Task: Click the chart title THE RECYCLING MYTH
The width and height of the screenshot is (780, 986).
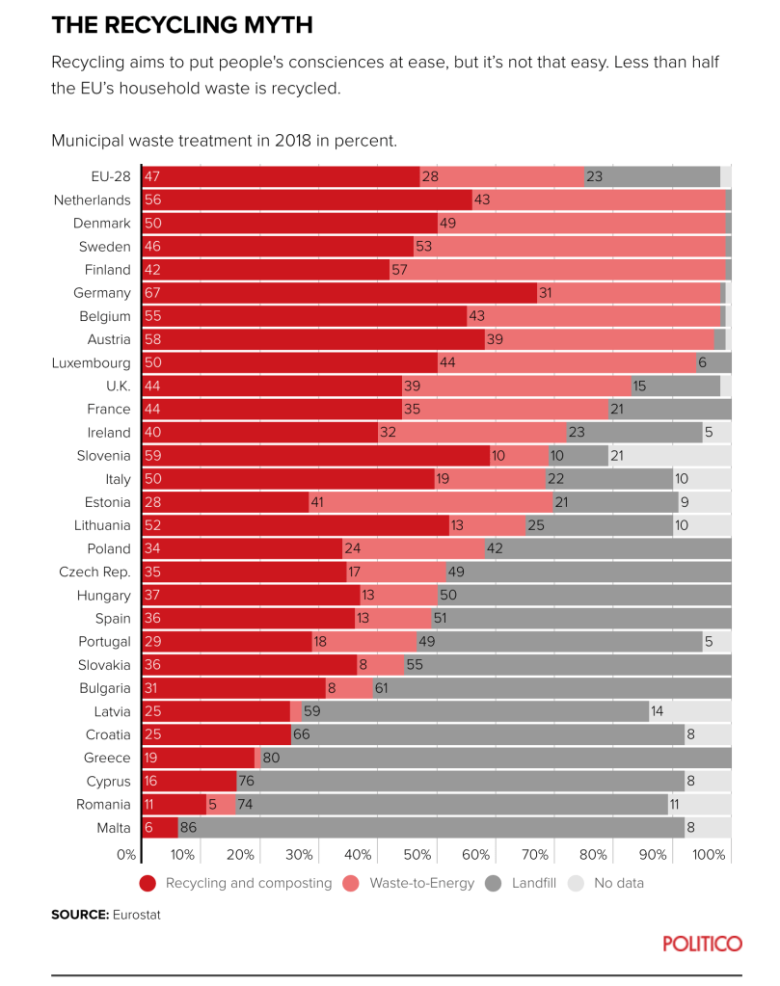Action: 181,24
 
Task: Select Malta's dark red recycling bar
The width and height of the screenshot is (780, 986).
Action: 160,827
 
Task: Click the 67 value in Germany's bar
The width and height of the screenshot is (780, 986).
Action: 151,293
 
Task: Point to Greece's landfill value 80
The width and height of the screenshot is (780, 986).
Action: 271,758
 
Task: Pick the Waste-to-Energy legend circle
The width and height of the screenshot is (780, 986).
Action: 352,883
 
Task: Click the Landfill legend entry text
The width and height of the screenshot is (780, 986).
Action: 533,883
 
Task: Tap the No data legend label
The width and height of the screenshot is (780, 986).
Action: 618,883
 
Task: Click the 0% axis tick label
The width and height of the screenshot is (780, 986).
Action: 126,855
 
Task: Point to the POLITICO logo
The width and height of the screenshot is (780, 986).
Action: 702,943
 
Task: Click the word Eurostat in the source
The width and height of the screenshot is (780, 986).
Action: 136,914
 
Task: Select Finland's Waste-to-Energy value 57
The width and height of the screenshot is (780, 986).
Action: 400,270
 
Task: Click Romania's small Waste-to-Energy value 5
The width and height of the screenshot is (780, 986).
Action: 212,804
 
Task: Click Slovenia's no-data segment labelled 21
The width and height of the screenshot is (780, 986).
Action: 618,456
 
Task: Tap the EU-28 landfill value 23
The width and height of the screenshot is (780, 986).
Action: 594,176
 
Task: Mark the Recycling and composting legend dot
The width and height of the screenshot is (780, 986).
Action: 148,883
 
